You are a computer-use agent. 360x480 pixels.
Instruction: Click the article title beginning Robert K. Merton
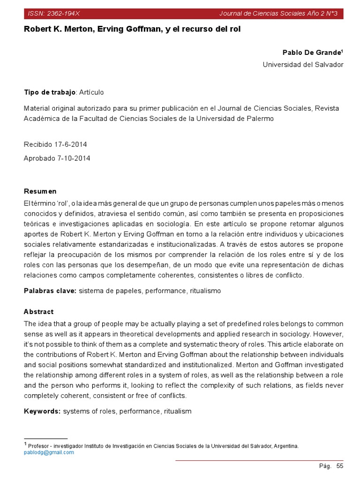tap(132, 29)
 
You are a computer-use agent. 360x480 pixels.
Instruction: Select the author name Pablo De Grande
tap(312, 52)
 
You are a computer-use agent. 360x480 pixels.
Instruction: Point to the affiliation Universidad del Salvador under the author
tap(303, 65)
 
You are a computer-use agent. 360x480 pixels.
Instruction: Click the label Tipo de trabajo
tap(49, 92)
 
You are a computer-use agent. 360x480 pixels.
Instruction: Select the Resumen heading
tap(40, 191)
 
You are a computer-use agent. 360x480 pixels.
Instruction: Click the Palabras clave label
tap(50, 291)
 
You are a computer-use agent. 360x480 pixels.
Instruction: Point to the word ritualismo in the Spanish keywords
tap(205, 291)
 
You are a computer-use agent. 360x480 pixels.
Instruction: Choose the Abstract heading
tap(38, 312)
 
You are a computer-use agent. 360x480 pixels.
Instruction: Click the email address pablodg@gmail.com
tap(49, 452)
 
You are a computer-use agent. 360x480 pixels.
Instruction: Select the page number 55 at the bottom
tap(340, 466)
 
